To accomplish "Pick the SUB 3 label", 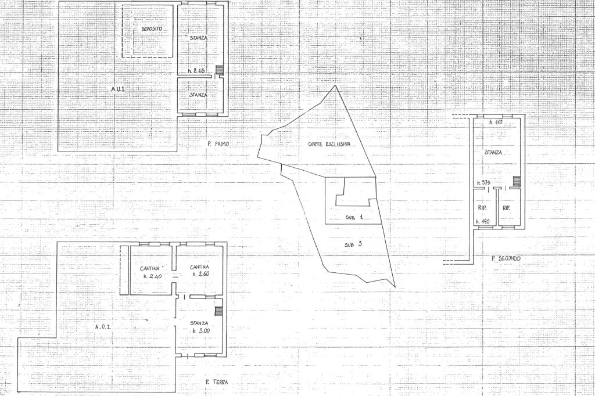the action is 353,244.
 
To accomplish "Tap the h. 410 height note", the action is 495,123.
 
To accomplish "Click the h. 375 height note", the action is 484,182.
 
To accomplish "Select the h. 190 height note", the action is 483,221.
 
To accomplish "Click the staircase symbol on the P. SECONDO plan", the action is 516,181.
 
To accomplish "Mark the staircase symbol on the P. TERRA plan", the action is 218,311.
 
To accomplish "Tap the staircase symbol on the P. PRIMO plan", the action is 219,70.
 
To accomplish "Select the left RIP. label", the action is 482,208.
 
